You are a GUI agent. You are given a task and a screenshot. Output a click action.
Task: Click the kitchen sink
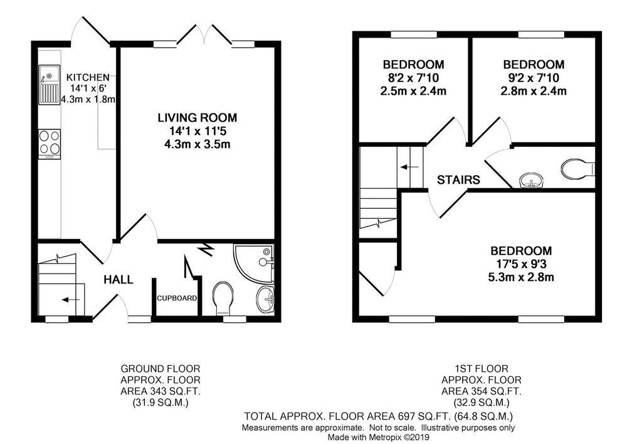coord(49,85)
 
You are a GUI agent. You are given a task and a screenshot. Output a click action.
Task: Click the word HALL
coord(118,280)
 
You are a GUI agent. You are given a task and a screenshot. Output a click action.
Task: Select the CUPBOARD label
coord(177,298)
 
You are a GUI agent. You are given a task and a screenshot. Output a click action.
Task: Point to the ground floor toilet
coord(223,298)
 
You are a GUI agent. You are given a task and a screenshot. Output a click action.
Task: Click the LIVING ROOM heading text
coord(197,118)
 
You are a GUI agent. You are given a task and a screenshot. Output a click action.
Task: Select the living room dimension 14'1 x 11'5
coord(197,131)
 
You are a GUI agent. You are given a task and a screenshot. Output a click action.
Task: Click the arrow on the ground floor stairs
coord(70,300)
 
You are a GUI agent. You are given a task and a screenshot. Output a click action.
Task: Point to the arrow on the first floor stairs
coord(409,167)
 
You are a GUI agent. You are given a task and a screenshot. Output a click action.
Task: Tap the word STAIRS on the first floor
coord(458,180)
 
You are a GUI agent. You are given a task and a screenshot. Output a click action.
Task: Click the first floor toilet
coord(578,169)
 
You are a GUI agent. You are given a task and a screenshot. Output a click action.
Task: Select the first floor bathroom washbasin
coord(530,180)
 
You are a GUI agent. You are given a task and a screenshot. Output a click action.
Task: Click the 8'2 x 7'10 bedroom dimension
coord(413,78)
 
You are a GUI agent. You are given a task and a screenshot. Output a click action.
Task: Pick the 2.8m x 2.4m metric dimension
coord(534,91)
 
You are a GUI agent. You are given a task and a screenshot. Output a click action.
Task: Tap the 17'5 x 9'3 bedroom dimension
coord(521,264)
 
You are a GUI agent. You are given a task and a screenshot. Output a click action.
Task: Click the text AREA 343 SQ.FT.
coord(160,391)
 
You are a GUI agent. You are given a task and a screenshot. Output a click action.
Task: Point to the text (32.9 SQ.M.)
coord(481,403)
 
